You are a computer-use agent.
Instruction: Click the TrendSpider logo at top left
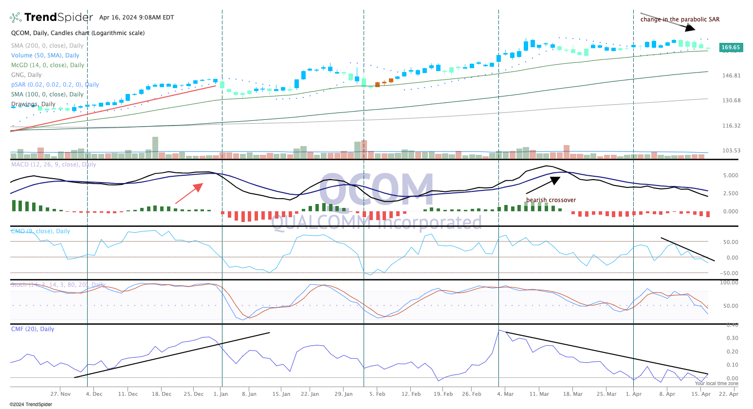tap(51, 18)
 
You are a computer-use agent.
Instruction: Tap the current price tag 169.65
tap(730, 48)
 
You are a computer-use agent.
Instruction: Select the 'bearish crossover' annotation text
tap(551, 200)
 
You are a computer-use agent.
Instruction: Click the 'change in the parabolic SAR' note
tap(680, 19)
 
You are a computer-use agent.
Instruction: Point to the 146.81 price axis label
tap(731, 76)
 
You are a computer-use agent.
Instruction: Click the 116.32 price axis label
tap(731, 126)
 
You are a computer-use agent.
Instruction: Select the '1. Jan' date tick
tap(220, 394)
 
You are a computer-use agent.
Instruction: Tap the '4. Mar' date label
tap(505, 394)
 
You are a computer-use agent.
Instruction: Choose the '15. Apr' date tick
tap(701, 394)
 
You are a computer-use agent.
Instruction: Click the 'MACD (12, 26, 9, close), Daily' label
tap(54, 165)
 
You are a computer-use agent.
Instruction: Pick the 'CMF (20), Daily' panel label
tap(33, 329)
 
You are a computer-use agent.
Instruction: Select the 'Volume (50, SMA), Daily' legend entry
tap(45, 56)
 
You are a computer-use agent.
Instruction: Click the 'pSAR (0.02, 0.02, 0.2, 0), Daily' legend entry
tap(55, 85)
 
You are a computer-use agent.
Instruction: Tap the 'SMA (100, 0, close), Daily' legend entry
tap(47, 94)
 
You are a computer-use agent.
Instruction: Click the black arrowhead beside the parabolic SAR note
tap(690, 28)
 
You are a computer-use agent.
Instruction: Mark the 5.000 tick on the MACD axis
tap(731, 175)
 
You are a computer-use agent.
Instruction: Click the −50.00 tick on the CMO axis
tap(729, 273)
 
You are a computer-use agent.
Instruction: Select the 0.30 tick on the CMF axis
tap(732, 338)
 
